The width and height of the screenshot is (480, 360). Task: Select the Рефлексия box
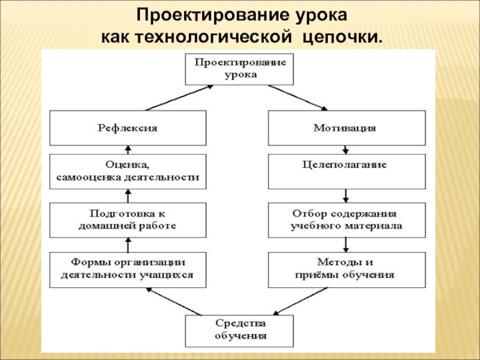(x=127, y=128)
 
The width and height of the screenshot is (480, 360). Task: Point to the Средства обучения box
(x=239, y=330)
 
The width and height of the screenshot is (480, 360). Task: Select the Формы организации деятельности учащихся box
(x=127, y=269)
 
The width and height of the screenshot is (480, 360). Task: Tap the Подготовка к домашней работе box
(x=127, y=220)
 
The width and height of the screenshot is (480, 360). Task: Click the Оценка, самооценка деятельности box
(x=127, y=171)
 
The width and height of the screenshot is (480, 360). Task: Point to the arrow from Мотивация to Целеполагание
(x=345, y=149)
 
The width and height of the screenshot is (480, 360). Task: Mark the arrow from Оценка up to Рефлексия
(x=127, y=149)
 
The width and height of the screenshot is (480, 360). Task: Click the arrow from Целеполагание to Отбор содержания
(x=346, y=196)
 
